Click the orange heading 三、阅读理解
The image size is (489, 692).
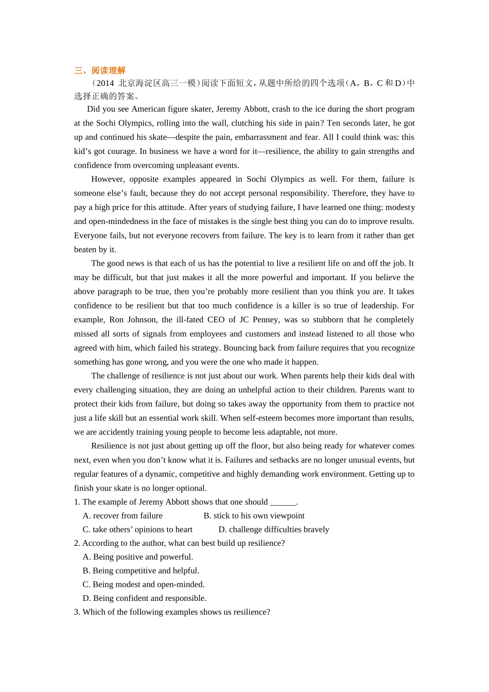tap(100, 71)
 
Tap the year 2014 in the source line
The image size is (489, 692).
tap(105, 83)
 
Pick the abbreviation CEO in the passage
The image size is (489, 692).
tap(216, 319)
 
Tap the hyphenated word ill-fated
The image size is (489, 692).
tap(183, 319)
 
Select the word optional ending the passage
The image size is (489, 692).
tap(190, 488)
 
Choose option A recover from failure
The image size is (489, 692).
tap(123, 516)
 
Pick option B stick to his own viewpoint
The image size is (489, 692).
tap(254, 516)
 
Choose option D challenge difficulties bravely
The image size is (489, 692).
tap(273, 529)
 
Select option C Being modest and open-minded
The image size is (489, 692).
tap(144, 584)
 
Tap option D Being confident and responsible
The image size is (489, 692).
tap(145, 598)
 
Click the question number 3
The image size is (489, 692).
tap(77, 612)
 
